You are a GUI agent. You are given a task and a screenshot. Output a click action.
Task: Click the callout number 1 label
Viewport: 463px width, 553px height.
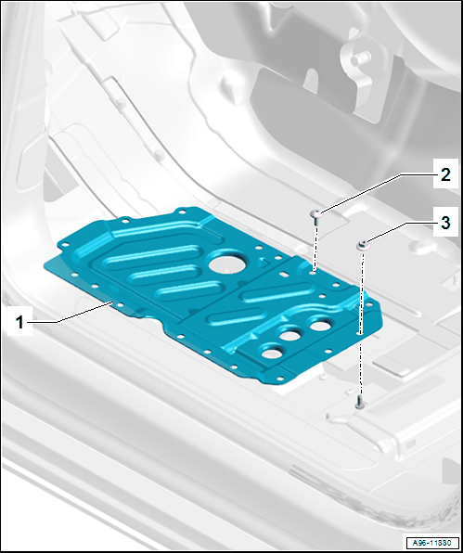[19, 322]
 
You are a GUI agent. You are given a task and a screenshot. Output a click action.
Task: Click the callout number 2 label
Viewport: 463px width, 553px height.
[445, 174]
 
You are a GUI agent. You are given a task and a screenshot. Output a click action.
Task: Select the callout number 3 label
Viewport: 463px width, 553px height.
[445, 223]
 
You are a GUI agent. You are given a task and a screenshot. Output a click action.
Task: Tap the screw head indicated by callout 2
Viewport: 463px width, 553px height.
[315, 213]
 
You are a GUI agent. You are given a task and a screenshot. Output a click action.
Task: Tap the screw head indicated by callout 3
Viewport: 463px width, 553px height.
[363, 246]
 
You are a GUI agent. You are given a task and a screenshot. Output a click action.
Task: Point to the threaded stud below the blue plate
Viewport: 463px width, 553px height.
[359, 402]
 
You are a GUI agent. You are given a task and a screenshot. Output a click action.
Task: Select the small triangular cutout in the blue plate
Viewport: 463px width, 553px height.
[264, 262]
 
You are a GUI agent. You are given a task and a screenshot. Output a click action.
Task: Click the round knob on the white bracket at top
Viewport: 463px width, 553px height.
[361, 58]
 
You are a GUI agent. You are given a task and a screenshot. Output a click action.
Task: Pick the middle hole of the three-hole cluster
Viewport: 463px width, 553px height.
[290, 335]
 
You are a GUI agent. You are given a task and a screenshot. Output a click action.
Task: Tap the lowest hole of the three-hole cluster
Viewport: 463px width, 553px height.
[271, 353]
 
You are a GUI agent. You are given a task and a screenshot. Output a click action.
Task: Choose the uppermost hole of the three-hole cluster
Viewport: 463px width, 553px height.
[320, 325]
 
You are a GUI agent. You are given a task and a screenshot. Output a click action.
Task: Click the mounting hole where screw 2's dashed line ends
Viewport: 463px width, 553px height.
[314, 272]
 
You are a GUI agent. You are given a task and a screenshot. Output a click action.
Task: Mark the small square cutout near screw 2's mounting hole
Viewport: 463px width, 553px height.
[282, 274]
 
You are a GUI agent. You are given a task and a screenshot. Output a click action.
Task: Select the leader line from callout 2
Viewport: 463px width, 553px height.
[378, 193]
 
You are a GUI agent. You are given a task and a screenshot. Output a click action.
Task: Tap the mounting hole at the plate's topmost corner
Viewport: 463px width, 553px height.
[182, 212]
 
